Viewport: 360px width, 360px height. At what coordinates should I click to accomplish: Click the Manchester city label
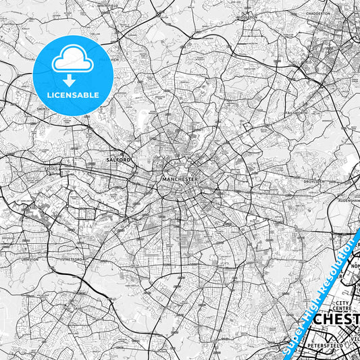click(179, 179)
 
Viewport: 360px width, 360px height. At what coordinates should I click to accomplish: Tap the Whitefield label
click(108, 5)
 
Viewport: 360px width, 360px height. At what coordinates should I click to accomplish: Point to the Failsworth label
click(296, 112)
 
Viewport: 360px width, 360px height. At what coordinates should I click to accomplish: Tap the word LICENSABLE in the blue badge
click(74, 95)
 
